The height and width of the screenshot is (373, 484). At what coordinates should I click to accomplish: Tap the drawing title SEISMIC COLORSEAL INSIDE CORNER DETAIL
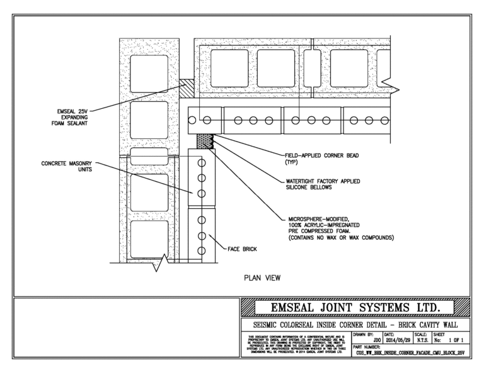[356, 325]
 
